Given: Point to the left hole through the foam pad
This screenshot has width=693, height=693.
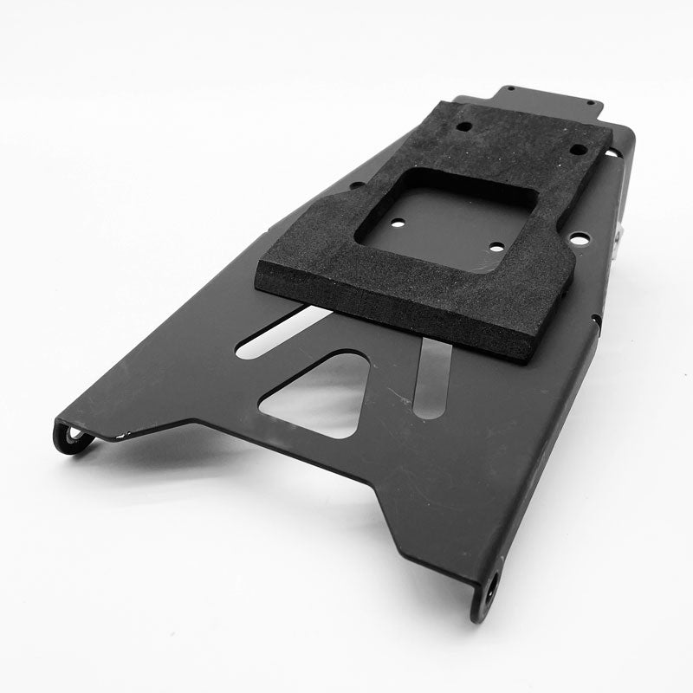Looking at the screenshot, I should [465, 126].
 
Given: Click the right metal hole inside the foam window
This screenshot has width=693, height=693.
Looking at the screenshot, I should [495, 247].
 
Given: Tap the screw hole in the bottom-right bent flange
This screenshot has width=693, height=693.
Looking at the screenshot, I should [491, 585].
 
